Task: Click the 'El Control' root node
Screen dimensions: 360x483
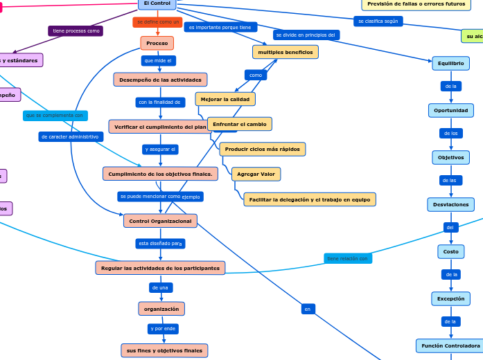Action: [157, 3]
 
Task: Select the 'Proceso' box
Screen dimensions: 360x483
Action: [157, 43]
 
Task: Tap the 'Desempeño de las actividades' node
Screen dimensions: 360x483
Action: [160, 80]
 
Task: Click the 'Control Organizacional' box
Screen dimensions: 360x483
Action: [160, 221]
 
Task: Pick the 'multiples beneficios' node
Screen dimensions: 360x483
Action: [285, 52]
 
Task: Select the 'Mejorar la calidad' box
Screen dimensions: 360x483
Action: [225, 99]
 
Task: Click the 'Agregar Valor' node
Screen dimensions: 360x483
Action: [256, 174]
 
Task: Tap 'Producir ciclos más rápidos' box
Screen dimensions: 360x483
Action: [262, 149]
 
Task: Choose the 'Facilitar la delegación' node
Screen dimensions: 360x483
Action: [310, 199]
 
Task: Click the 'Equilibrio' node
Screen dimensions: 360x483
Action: [450, 64]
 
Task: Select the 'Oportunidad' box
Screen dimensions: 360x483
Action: [450, 110]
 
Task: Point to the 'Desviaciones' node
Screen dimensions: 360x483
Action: [450, 204]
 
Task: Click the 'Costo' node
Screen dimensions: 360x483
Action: [450, 251]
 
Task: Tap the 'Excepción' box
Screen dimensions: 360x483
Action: [450, 298]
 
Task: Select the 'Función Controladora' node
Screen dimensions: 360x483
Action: [450, 345]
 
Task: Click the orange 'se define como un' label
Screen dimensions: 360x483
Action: [157, 22]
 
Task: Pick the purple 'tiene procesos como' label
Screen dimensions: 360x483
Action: [76, 31]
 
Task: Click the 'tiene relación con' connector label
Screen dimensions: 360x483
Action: [347, 258]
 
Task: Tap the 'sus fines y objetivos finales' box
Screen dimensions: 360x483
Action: [164, 350]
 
